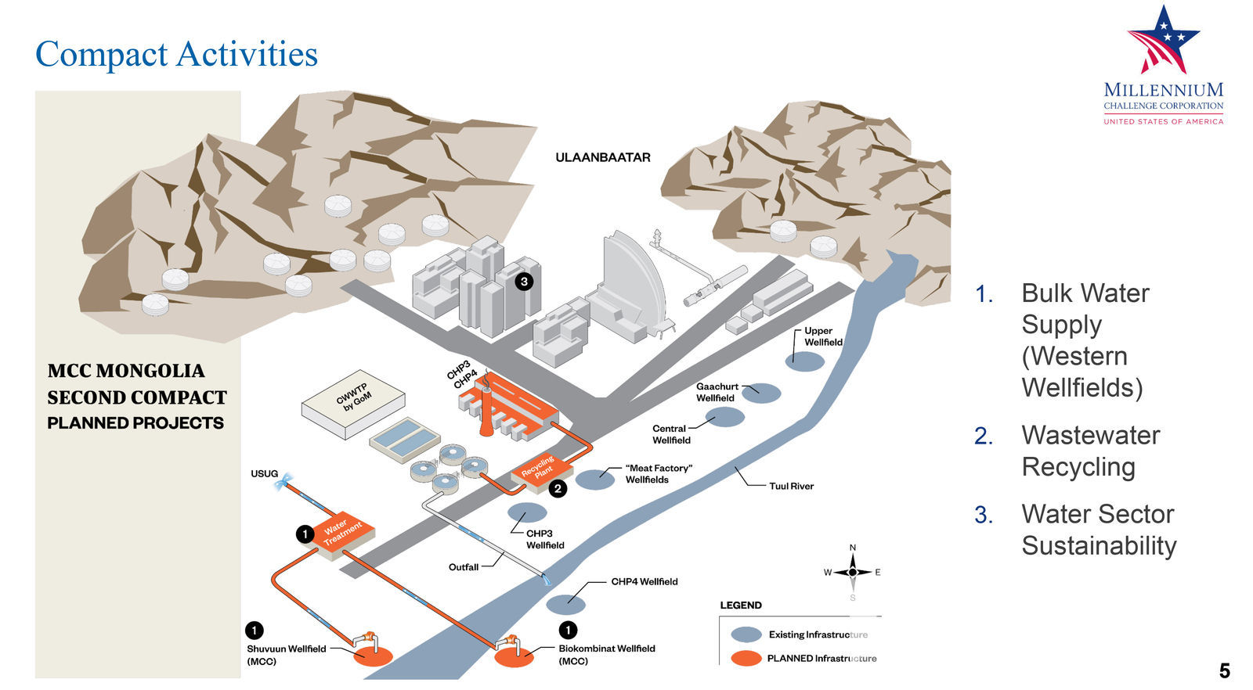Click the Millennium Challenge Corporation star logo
click(x=1163, y=41)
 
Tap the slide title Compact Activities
click(x=177, y=55)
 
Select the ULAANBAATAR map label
click(x=602, y=157)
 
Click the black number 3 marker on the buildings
click(x=524, y=281)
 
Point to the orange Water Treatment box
click(x=344, y=534)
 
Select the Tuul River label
click(x=791, y=486)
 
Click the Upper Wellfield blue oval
click(x=805, y=361)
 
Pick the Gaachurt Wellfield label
click(x=717, y=392)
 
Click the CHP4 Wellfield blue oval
click(x=565, y=604)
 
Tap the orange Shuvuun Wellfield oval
click(x=373, y=656)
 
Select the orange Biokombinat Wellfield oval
click(x=514, y=657)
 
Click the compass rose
click(x=852, y=572)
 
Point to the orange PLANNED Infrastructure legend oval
click(x=746, y=658)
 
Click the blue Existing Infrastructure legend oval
click(x=746, y=634)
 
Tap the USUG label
click(x=264, y=473)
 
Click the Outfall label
click(x=463, y=566)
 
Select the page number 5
click(x=1224, y=670)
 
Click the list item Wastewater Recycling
click(x=1090, y=451)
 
